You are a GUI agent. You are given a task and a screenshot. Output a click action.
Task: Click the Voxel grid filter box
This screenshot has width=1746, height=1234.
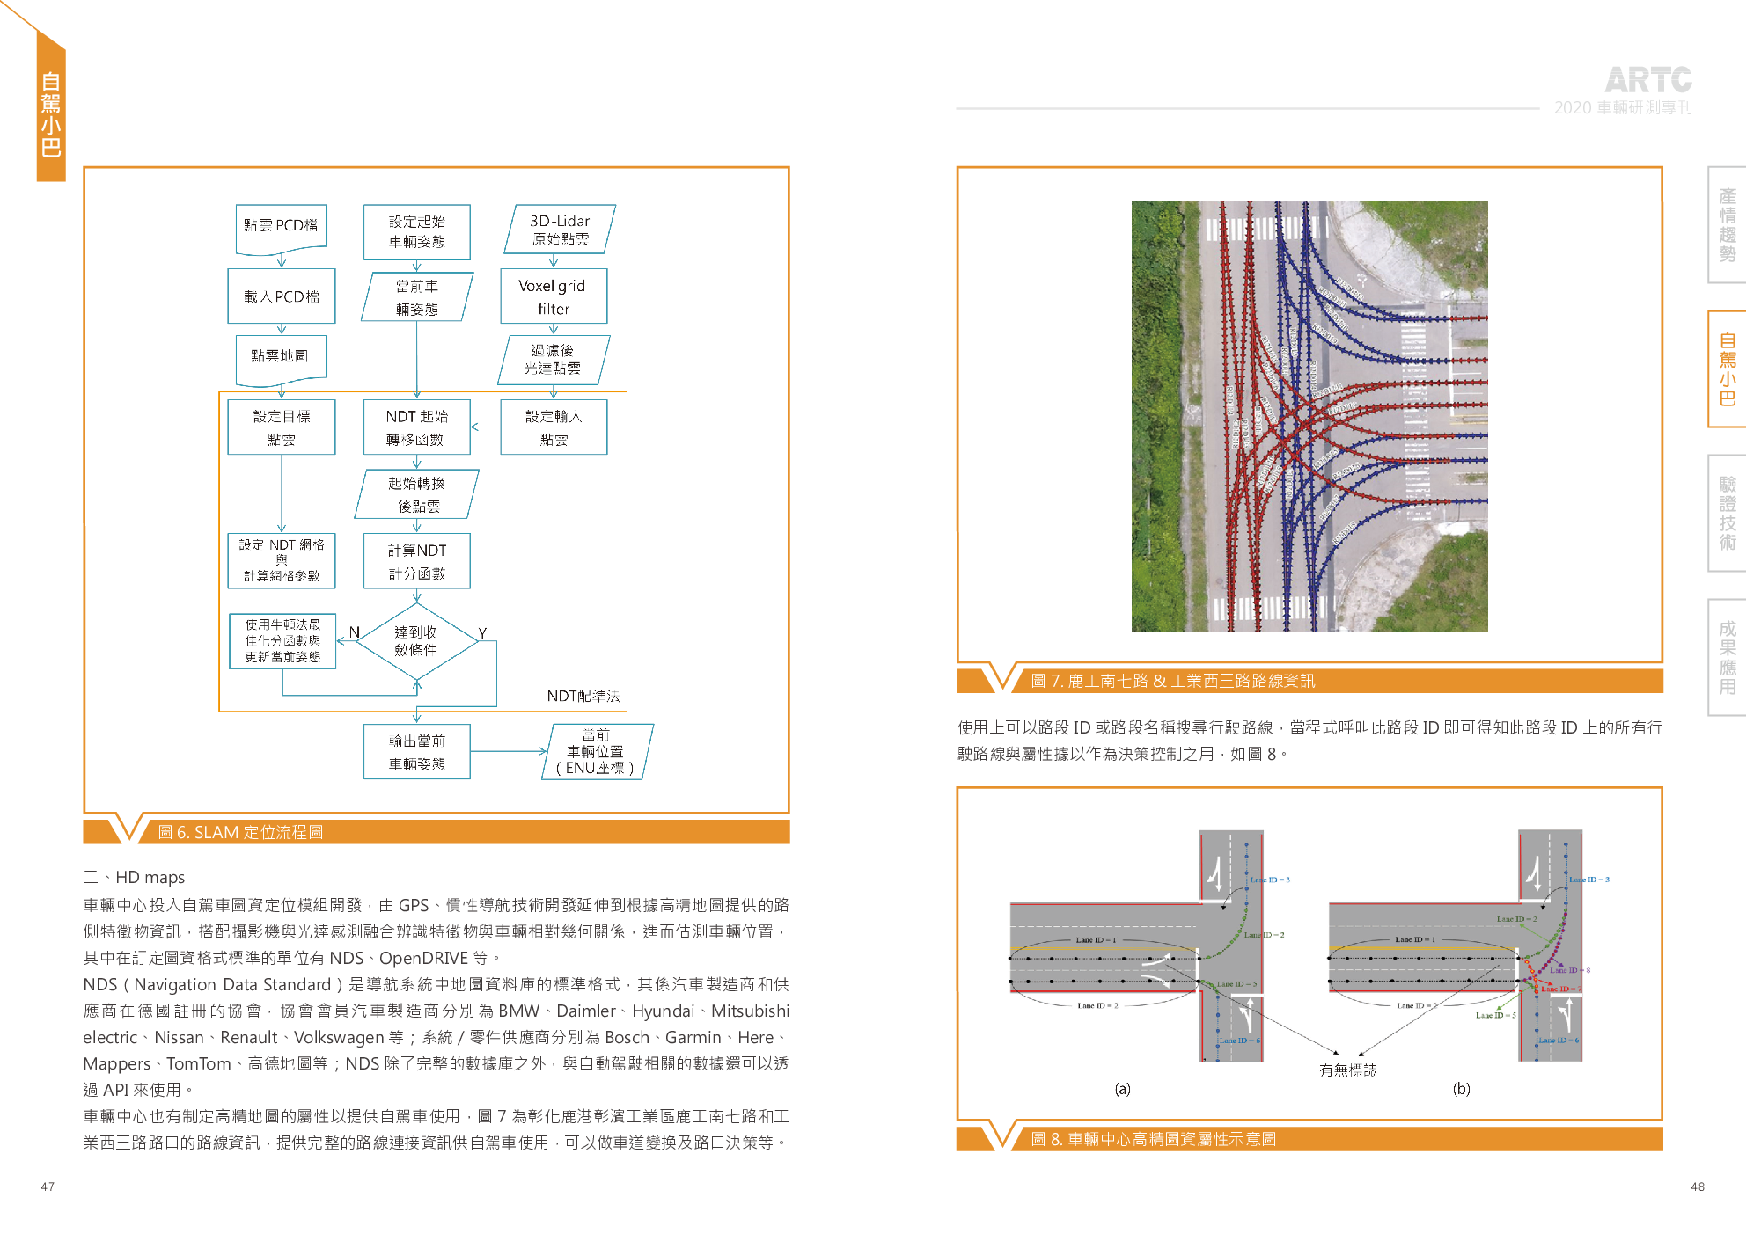click(x=553, y=296)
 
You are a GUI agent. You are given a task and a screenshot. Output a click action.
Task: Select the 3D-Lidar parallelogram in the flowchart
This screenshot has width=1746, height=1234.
click(x=560, y=230)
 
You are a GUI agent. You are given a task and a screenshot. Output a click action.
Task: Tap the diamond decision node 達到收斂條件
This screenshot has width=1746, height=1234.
click(x=416, y=640)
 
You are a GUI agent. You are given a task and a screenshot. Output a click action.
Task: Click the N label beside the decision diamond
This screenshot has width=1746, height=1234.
click(x=354, y=632)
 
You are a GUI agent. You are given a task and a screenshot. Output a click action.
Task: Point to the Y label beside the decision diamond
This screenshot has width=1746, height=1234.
click(x=482, y=633)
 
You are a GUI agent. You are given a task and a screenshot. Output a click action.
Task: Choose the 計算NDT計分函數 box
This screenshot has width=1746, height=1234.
click(x=417, y=561)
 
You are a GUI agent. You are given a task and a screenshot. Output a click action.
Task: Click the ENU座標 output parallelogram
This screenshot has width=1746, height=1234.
click(x=596, y=751)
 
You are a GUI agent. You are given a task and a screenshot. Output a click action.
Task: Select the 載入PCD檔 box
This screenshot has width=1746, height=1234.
click(x=282, y=296)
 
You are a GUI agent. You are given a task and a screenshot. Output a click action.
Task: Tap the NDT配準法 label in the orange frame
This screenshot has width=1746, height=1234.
click(x=583, y=696)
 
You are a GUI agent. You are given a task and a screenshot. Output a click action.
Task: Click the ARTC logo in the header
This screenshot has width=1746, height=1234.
click(x=1647, y=81)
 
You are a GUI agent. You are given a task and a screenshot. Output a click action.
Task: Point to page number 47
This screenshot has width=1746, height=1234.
click(x=48, y=1187)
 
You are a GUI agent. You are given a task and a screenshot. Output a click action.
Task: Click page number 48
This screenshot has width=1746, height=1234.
click(x=1698, y=1187)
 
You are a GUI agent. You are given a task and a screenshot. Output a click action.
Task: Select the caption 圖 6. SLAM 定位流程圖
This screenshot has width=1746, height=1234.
click(x=240, y=832)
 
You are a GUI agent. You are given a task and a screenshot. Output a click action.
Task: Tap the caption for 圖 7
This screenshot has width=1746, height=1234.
click(x=1172, y=681)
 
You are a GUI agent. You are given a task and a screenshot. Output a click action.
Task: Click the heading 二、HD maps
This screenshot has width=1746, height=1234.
click(x=134, y=877)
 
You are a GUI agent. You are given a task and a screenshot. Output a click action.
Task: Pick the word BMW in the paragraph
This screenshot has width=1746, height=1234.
click(x=518, y=1011)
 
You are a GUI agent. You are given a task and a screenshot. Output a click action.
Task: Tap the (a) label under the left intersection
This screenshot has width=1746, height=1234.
click(x=1122, y=1089)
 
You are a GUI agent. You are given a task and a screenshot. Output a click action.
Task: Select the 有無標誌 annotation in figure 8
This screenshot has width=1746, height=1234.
click(x=1347, y=1070)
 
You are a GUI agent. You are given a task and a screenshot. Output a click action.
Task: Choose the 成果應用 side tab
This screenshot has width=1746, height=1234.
click(x=1727, y=657)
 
